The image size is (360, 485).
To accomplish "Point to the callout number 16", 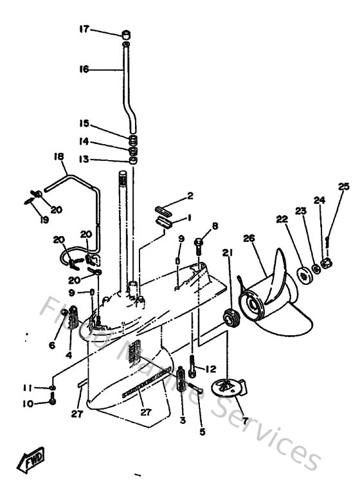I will tap(84, 69).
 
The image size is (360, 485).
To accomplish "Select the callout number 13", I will tap(84, 160).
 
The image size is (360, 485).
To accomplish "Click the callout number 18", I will tap(59, 157).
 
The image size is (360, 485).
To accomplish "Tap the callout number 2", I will tap(190, 196).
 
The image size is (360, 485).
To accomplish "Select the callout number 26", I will tap(249, 239).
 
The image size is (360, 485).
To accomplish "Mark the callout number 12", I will tap(210, 369).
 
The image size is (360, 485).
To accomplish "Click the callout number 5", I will tap(202, 432).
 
